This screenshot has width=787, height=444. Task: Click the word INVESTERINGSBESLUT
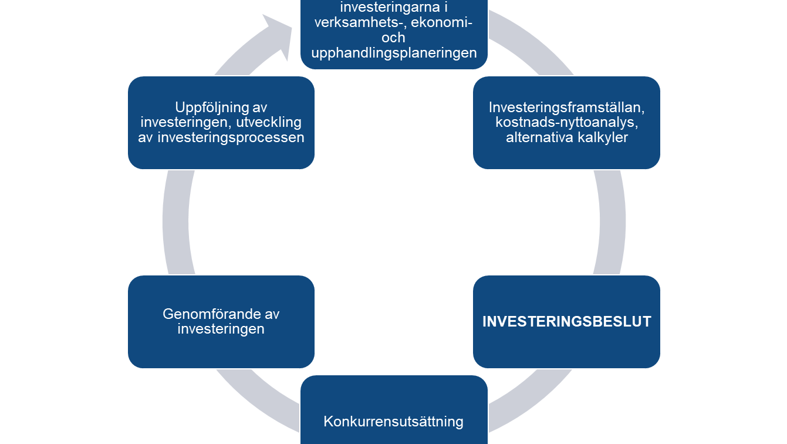[x=567, y=322]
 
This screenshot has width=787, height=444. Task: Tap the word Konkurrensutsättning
[x=393, y=422]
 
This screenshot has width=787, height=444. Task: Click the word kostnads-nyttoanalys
[x=567, y=122]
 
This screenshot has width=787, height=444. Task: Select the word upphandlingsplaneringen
[x=394, y=53]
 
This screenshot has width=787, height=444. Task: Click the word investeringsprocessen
[x=231, y=137]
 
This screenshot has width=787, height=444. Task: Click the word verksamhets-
[x=360, y=22]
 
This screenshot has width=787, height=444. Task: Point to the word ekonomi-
[x=442, y=22]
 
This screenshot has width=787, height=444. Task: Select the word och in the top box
[x=393, y=38]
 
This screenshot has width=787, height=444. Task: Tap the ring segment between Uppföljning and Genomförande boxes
[x=175, y=222]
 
